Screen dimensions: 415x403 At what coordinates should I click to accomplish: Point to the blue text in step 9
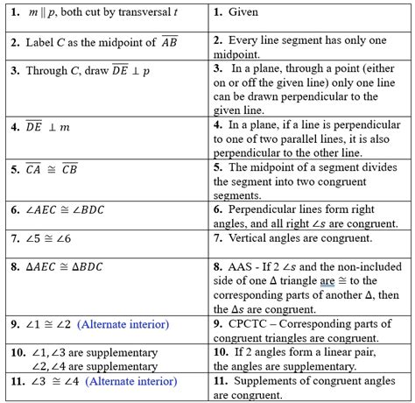point(123,324)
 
